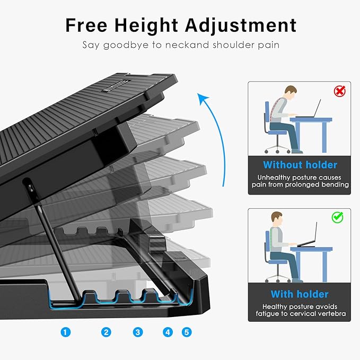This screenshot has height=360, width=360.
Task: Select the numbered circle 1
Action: tap(65, 332)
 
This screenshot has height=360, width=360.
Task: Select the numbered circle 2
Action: tap(107, 332)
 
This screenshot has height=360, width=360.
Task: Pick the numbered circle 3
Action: tap(138, 332)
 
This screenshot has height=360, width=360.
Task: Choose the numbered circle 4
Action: tap(168, 332)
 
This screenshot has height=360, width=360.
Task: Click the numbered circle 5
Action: tap(186, 332)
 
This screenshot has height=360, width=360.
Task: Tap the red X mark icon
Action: tap(339, 91)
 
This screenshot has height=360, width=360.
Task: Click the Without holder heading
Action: tap(300, 164)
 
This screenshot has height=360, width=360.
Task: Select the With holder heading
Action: tap(300, 294)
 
